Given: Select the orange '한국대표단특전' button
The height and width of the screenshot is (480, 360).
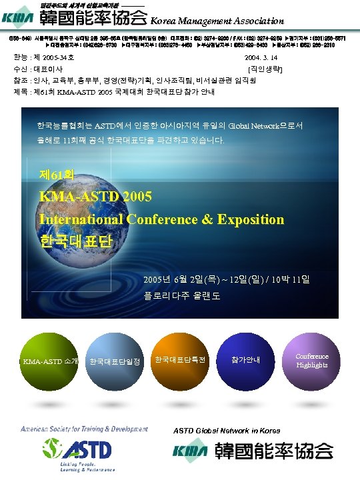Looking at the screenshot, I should (x=179, y=360).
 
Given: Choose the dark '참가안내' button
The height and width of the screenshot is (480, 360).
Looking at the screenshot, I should (x=245, y=360).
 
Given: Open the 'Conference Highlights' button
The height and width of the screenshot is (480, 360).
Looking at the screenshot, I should (x=312, y=360).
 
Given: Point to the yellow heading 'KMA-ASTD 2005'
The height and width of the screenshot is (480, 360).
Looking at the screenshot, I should (x=95, y=197).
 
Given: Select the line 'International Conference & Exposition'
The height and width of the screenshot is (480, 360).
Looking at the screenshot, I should (x=161, y=219).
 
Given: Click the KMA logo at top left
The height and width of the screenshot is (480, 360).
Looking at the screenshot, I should (x=19, y=18).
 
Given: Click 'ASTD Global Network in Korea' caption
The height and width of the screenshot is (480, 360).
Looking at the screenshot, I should (x=227, y=430).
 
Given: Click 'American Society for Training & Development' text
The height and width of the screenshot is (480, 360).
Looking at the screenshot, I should (x=84, y=429).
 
